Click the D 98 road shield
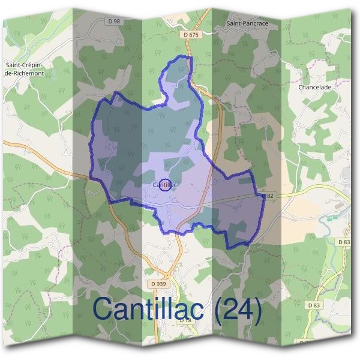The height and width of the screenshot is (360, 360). coord(115,21)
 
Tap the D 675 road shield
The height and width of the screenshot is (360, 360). coord(190,35)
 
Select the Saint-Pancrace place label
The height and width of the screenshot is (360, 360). coord(247,23)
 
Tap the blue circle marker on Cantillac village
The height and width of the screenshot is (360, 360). coord(165,185)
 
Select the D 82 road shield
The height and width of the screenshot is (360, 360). coord(268,196)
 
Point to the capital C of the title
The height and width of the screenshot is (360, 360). coord(103,309)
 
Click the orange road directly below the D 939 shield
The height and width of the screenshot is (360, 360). coord(161,300)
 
